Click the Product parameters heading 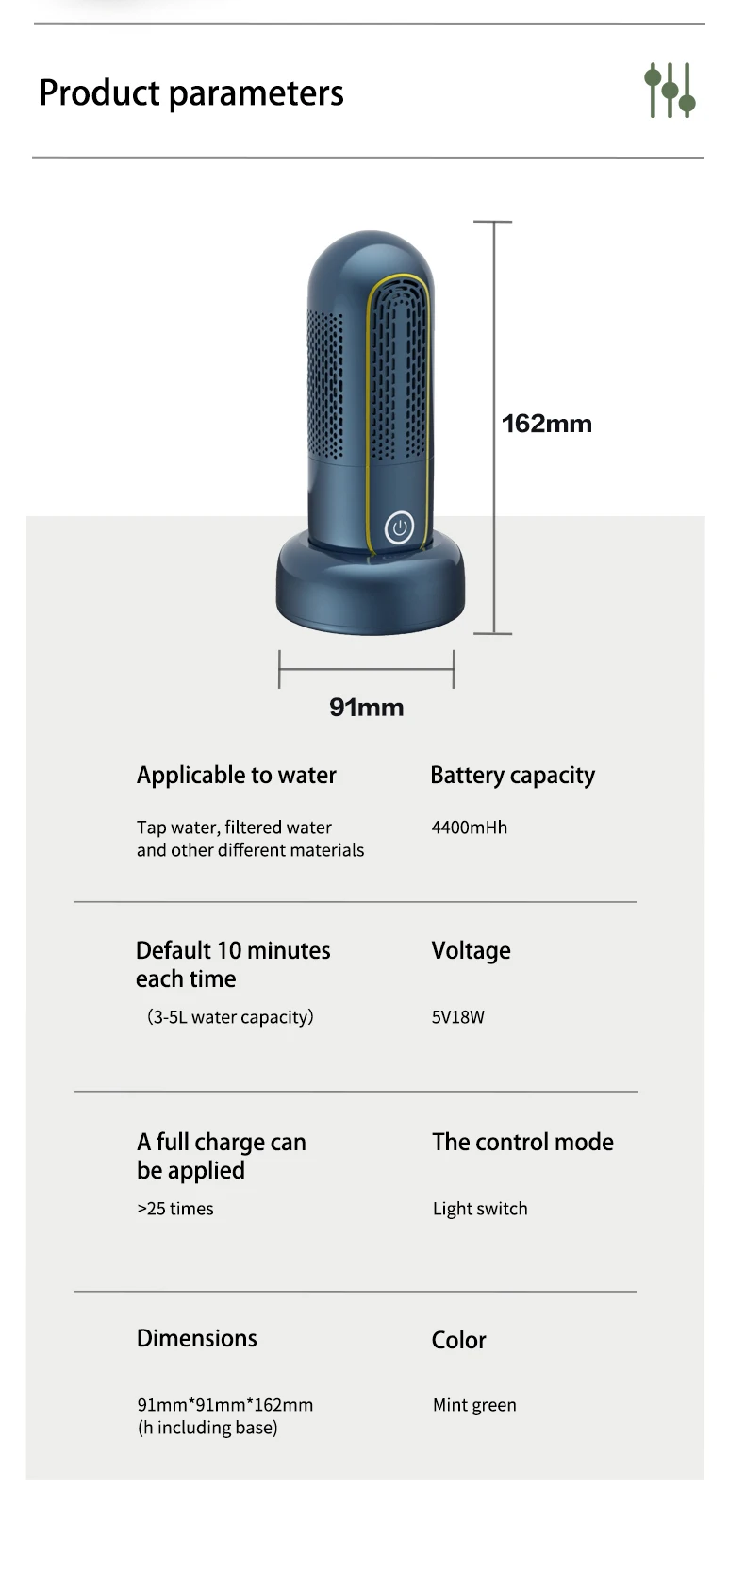[191, 93]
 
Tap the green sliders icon [670, 91]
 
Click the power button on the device [399, 527]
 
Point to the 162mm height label [546, 424]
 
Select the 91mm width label [366, 708]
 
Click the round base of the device [370, 594]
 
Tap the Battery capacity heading [512, 776]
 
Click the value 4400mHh [469, 828]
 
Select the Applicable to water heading [236, 776]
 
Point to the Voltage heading [471, 951]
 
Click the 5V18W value [457, 1017]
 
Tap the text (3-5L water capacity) [230, 1017]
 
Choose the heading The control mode [522, 1143]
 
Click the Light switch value [480, 1209]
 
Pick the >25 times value [175, 1209]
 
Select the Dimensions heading [196, 1339]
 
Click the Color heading [458, 1340]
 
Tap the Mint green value [474, 1405]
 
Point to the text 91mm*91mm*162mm [224, 1405]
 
